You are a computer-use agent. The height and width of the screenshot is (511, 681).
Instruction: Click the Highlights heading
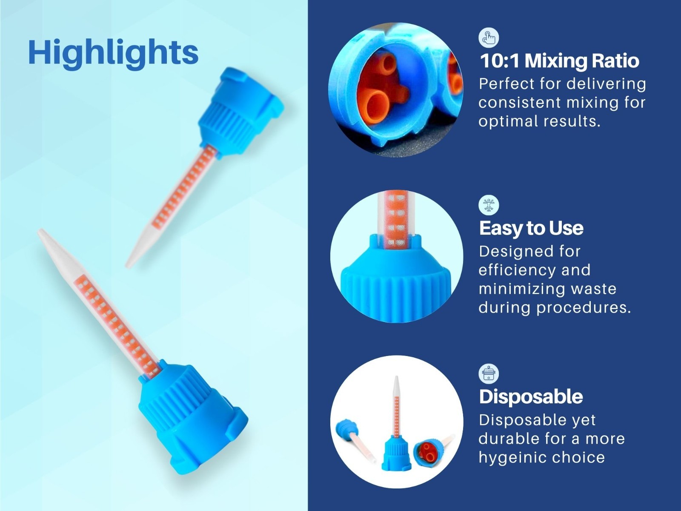pos(113,52)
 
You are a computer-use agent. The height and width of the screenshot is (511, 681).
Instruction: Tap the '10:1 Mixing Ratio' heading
pos(559,61)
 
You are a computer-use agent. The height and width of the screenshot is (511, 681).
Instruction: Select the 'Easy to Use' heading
pos(531,228)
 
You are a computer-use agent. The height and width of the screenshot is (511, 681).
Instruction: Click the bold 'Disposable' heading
pos(531,396)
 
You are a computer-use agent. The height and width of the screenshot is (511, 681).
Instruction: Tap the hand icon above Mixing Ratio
pos(489,37)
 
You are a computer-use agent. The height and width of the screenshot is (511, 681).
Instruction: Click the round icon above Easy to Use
pos(489,205)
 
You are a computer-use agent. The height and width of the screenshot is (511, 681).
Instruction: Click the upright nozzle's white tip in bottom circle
pos(396,386)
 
